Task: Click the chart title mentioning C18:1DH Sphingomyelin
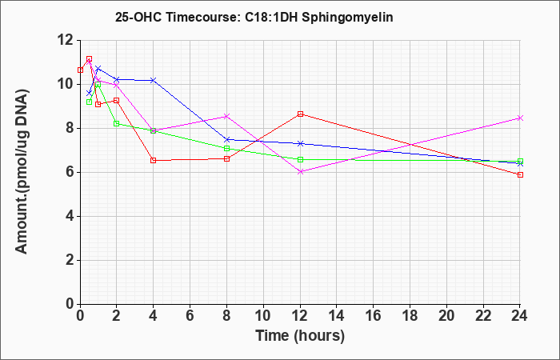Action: (254, 17)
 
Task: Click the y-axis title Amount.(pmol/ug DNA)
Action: (22, 171)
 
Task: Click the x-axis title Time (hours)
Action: (300, 336)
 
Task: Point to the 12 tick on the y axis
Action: (66, 40)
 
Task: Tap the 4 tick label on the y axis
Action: (70, 217)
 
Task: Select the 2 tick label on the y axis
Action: (70, 260)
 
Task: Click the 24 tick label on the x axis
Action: (520, 316)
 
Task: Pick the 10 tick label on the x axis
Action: (263, 316)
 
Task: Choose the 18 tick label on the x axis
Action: (410, 316)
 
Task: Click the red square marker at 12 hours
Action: (300, 114)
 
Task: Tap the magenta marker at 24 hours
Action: (520, 118)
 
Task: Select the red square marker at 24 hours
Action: (520, 174)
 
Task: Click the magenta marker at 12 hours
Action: (300, 172)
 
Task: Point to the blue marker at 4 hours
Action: (154, 80)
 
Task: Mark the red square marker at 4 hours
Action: (154, 160)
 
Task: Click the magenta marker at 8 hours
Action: (226, 117)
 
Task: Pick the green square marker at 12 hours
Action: (300, 160)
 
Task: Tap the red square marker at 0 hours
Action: (80, 70)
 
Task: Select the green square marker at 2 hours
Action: (117, 123)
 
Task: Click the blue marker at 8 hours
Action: (226, 139)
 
